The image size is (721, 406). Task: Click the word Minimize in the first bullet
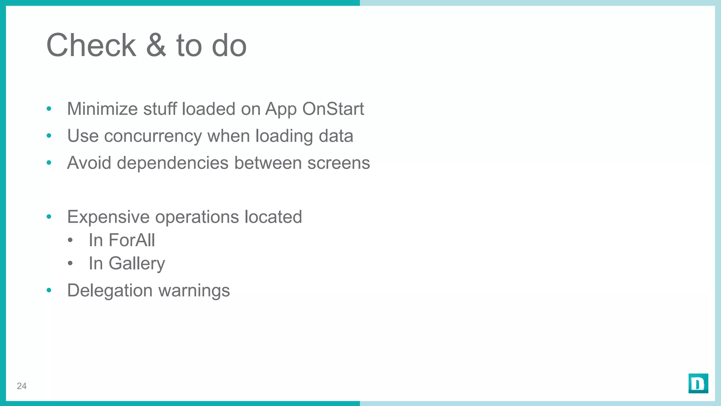102,109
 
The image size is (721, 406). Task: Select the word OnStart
333,109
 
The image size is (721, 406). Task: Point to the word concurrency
153,136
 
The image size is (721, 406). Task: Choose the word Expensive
108,217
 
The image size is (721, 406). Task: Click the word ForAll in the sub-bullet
132,240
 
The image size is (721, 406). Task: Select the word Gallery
137,264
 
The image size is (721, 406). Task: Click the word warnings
194,291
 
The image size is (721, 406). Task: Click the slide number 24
22,386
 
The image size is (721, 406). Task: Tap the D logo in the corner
698,383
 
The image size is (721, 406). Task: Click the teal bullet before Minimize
49,109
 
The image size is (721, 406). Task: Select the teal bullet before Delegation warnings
49,290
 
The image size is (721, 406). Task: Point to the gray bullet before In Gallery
70,263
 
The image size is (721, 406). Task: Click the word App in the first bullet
281,109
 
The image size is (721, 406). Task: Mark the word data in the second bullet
336,136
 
